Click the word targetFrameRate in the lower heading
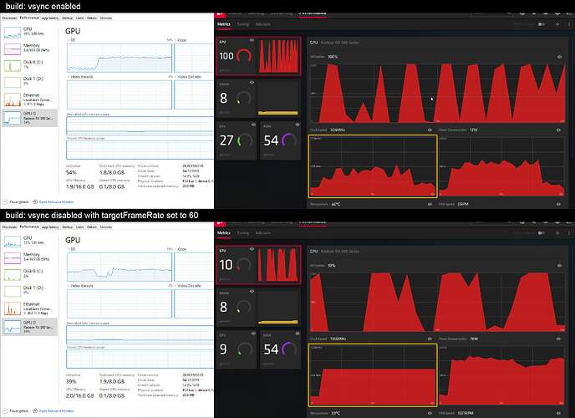coord(127,216)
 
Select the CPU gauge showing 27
coord(235,139)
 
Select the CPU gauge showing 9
coord(235,349)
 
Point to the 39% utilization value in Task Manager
coord(73,381)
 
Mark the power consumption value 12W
coord(473,130)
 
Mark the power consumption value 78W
coord(473,339)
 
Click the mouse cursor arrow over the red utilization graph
coord(432,99)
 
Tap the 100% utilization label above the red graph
coord(333,57)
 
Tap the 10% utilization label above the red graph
coord(332,266)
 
